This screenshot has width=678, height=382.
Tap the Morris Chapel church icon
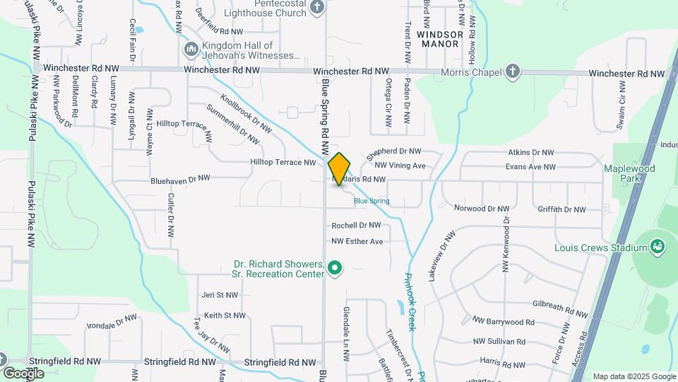click(x=513, y=71)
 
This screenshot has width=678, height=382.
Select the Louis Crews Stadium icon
click(x=658, y=246)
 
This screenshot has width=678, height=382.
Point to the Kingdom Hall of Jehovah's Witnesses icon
click(x=190, y=50)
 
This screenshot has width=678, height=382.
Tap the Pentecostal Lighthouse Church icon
click(x=317, y=7)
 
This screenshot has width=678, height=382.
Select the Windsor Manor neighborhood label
click(x=440, y=38)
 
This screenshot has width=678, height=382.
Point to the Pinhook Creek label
click(x=410, y=301)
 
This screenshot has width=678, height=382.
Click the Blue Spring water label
click(x=371, y=201)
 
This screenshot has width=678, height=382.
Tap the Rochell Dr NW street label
click(x=357, y=226)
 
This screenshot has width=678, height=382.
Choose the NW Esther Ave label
click(x=357, y=241)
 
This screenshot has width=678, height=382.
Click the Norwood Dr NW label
click(x=481, y=208)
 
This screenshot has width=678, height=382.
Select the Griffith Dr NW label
click(x=561, y=209)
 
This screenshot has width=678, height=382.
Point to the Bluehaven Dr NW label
click(x=181, y=180)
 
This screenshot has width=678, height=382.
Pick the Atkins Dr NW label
click(x=532, y=152)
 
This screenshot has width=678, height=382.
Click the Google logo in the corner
click(x=23, y=373)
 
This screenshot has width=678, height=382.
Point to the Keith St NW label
click(x=225, y=316)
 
